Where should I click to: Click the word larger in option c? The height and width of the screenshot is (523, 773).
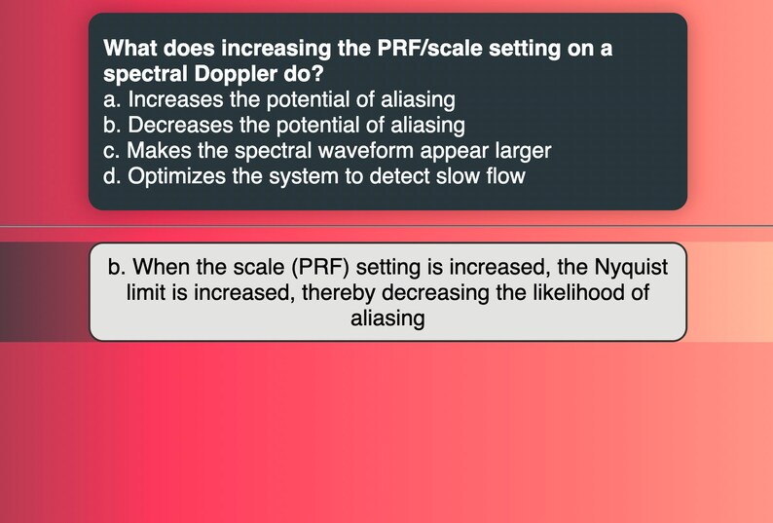point(520,151)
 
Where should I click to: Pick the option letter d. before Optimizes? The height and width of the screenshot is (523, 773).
point(112,176)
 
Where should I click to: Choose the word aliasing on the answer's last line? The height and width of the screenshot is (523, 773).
point(387,318)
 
